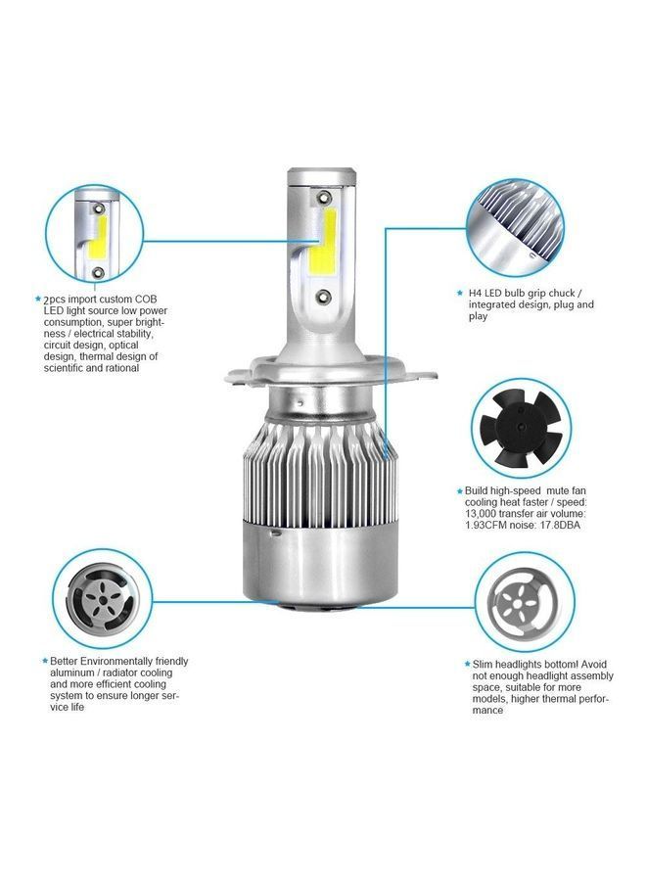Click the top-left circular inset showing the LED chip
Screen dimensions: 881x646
click(x=98, y=235)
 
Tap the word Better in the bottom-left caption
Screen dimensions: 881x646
click(x=64, y=662)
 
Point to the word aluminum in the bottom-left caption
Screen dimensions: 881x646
click(x=71, y=673)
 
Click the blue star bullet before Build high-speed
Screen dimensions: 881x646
click(x=460, y=489)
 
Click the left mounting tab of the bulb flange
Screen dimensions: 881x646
click(x=238, y=375)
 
